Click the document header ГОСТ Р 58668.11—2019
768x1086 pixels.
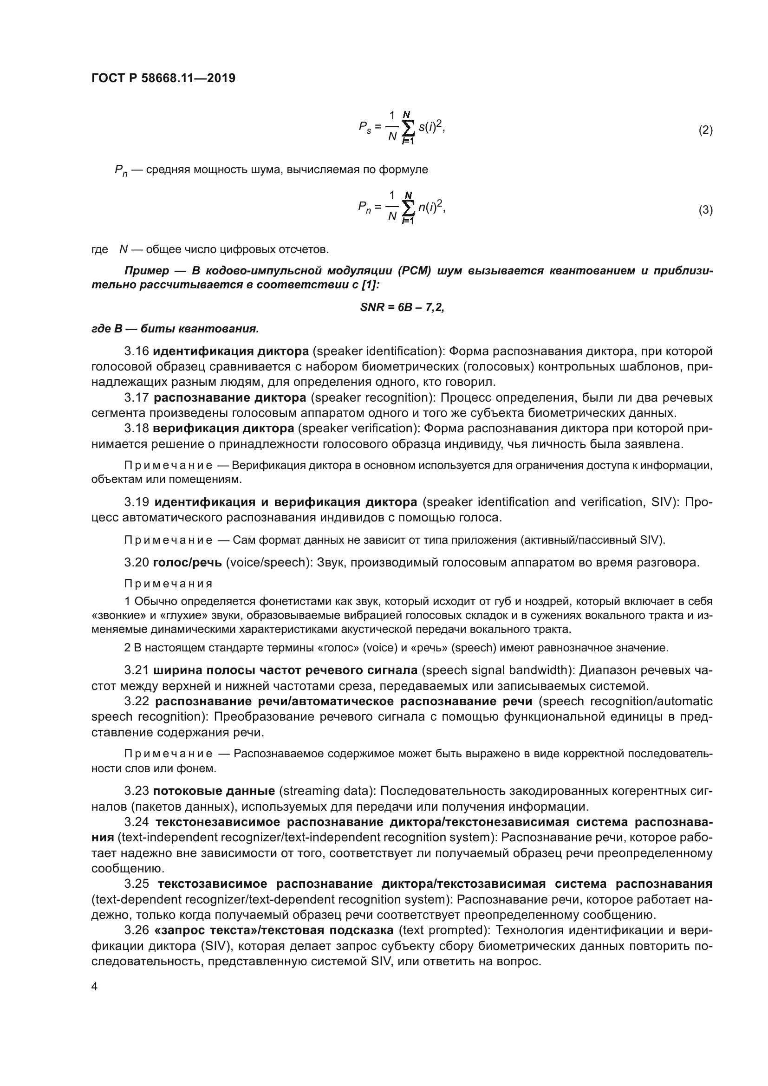(x=163, y=78)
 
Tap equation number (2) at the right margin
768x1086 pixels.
(x=705, y=130)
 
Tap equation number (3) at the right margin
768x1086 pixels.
(x=705, y=210)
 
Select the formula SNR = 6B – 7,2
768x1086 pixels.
(x=402, y=307)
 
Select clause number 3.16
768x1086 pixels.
(x=137, y=351)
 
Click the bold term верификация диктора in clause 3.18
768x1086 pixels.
(x=224, y=428)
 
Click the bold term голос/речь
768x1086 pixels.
(x=187, y=562)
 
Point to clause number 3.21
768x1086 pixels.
(x=137, y=670)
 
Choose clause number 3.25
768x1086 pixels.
(x=137, y=884)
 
